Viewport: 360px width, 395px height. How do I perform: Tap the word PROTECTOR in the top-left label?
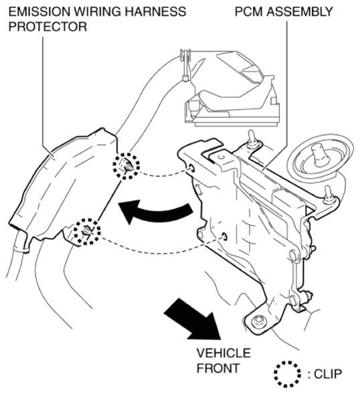[x=48, y=27]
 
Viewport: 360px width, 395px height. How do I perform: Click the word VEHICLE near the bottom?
[x=223, y=353]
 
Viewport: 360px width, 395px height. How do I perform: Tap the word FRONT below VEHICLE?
[x=218, y=368]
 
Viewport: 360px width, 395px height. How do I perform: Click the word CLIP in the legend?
[x=328, y=374]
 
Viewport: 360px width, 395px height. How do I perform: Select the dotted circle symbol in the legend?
[x=287, y=374]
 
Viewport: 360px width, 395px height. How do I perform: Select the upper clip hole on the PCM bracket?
[x=191, y=168]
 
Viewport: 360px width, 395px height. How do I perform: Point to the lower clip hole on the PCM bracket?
[x=224, y=236]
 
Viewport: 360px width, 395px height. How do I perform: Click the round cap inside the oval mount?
[x=321, y=155]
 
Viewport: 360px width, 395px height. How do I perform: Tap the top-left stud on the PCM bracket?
[x=252, y=140]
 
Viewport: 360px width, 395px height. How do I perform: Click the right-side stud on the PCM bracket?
[x=328, y=195]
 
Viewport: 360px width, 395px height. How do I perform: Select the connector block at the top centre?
[x=230, y=88]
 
